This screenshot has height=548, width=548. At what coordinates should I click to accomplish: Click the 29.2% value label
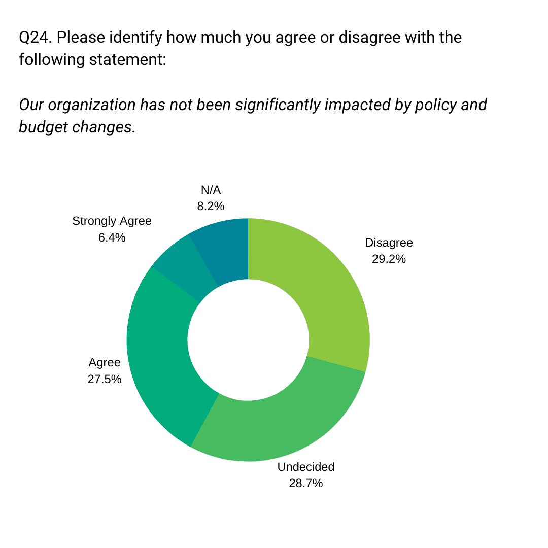pos(389,259)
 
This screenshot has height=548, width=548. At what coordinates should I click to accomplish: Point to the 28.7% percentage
pos(306,483)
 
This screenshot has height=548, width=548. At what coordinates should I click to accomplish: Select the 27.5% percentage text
pos(105,379)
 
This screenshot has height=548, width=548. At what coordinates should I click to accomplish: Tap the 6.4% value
pos(112,237)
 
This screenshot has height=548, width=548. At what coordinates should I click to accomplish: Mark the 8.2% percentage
pos(211,206)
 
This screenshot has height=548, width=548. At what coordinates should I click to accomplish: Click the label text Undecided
pos(306,467)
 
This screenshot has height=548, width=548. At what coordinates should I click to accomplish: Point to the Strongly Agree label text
pos(112,221)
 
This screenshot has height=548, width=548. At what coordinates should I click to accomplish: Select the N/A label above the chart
pos(211,190)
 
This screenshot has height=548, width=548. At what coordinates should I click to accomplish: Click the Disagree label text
pos(389,243)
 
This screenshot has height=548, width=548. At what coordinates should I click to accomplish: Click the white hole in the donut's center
pos(248,339)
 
